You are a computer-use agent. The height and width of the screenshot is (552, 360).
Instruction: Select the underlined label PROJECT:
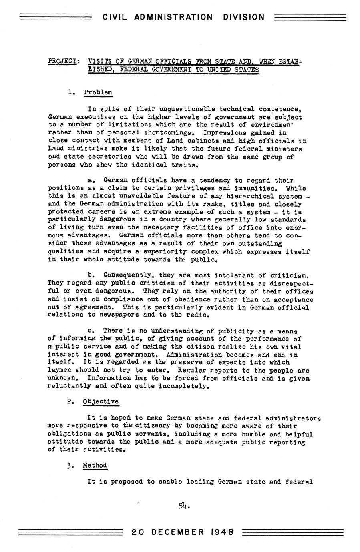click(63, 62)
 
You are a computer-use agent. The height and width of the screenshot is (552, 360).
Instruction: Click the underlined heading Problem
click(98, 92)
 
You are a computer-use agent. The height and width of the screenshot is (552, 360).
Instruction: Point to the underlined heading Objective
click(101, 401)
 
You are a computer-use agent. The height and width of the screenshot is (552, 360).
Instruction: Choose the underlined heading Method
click(95, 465)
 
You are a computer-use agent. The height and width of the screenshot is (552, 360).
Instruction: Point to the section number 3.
click(70, 466)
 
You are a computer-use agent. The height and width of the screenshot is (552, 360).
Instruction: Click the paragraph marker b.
click(90, 275)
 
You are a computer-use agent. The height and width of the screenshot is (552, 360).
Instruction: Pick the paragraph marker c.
click(90, 331)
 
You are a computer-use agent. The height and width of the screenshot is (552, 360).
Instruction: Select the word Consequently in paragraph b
click(128, 275)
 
